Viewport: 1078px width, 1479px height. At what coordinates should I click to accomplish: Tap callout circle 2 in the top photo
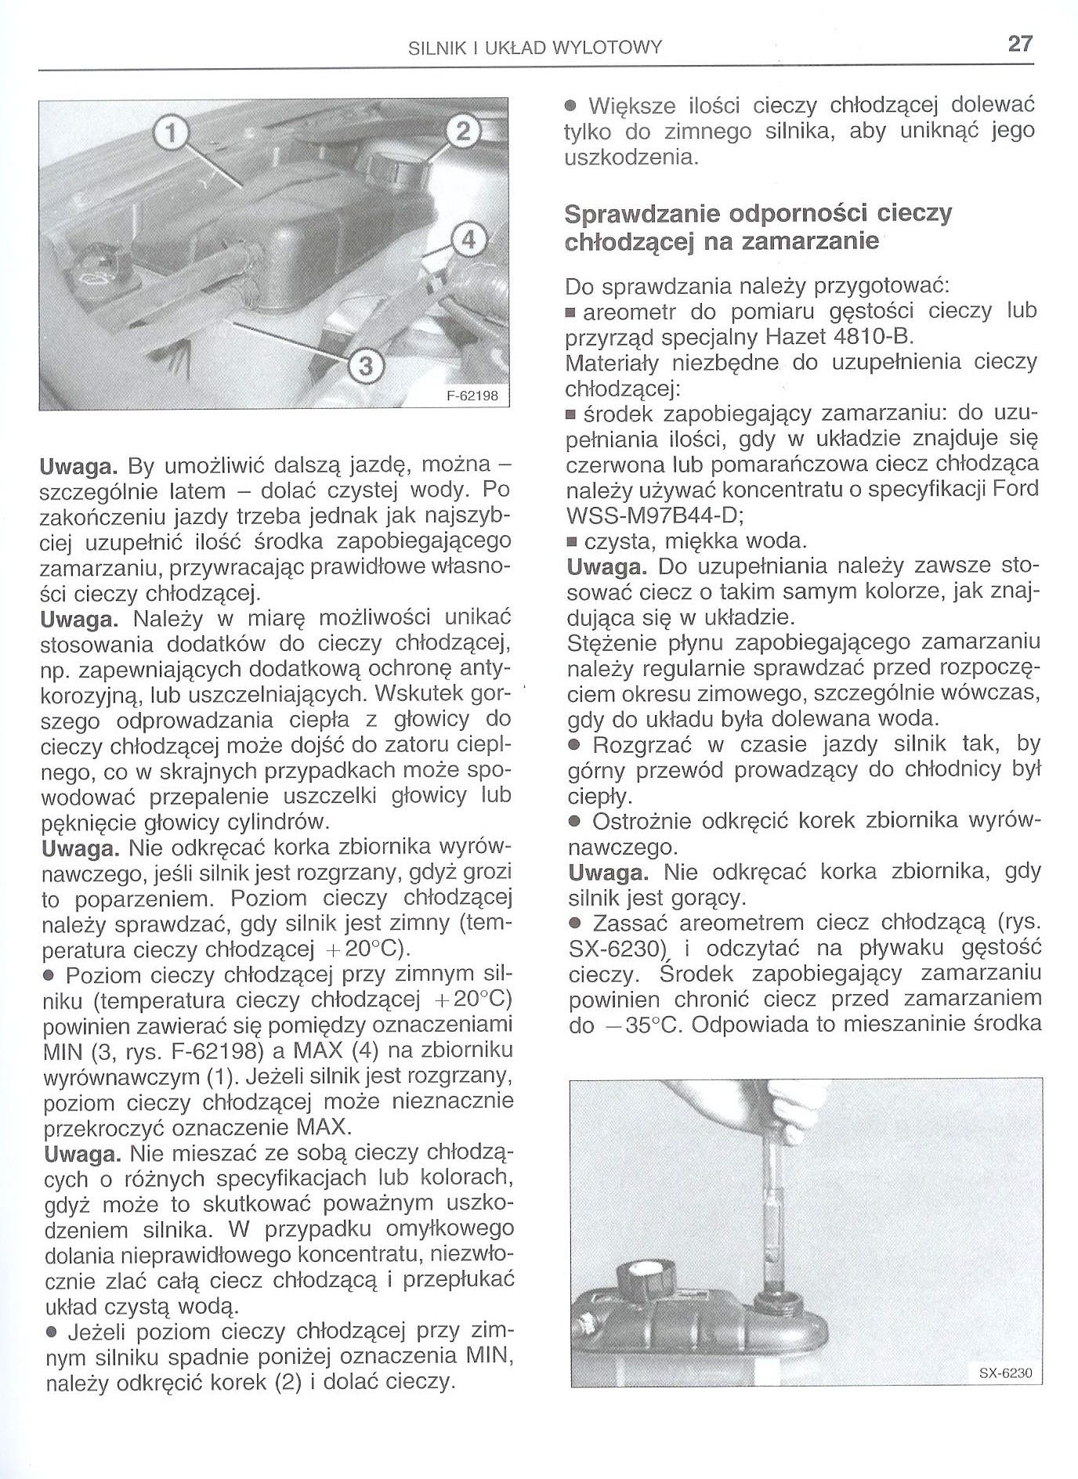click(461, 134)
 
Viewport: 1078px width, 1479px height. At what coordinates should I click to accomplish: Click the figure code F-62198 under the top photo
click(472, 396)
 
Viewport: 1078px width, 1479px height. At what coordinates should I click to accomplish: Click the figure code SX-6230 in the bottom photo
click(1005, 1394)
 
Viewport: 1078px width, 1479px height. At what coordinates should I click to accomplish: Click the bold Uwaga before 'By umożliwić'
click(78, 468)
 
